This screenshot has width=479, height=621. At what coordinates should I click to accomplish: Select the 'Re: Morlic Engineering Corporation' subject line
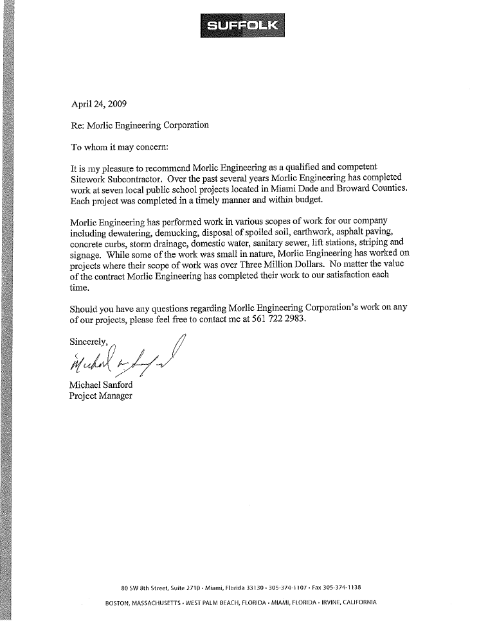coord(139,125)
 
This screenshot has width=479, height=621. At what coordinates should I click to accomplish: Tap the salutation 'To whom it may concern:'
coord(118,147)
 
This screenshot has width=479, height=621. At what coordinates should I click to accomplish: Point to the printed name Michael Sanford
coord(101,384)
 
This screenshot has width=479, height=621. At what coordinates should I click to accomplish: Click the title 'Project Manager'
coord(101,396)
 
